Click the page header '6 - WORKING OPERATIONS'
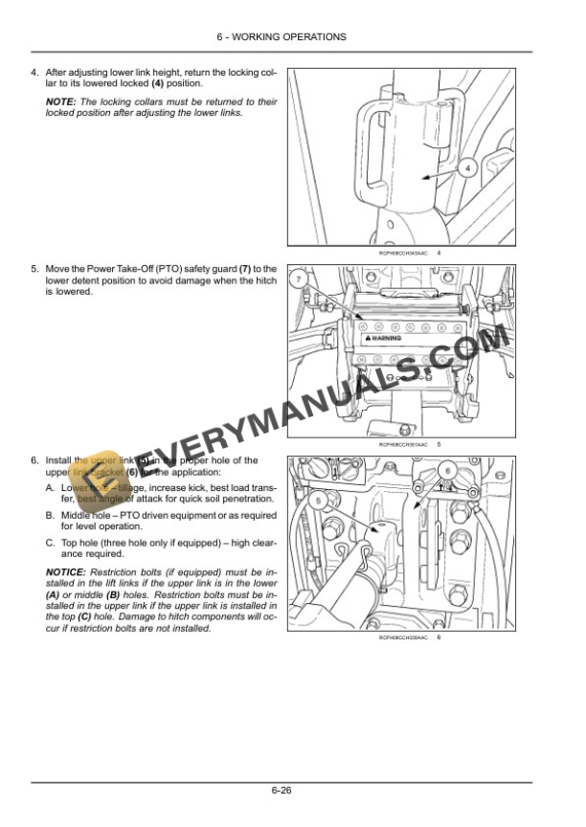click(293, 36)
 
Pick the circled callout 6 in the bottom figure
click(446, 471)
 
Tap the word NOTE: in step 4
click(62, 101)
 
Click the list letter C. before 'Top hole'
click(51, 543)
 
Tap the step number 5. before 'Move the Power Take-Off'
click(35, 270)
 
